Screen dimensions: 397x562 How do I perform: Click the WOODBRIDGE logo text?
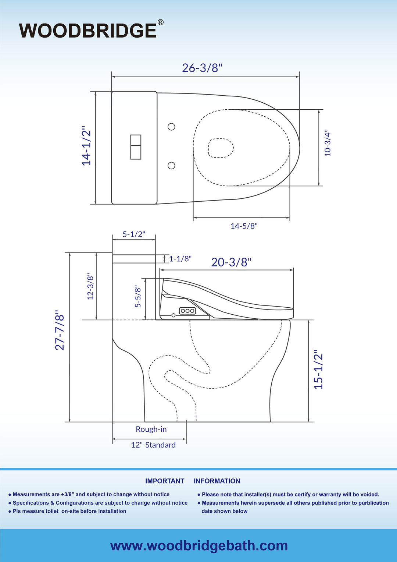(x=88, y=31)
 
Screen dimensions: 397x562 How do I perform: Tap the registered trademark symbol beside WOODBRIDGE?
(x=160, y=22)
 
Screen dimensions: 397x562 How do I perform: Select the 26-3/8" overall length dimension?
(x=202, y=68)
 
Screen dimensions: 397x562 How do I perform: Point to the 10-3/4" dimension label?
(x=328, y=143)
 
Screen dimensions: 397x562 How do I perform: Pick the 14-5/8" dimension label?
(x=244, y=226)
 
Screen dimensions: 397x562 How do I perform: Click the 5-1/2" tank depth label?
(x=134, y=234)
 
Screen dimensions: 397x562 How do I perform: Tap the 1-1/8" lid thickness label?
(x=180, y=259)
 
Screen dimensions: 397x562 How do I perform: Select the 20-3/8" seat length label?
(x=231, y=262)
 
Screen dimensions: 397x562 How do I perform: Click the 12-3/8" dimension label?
(x=90, y=286)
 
